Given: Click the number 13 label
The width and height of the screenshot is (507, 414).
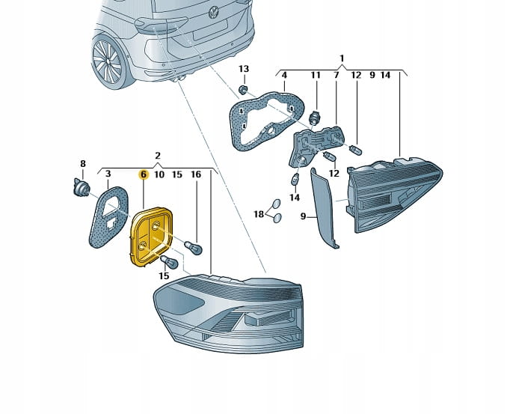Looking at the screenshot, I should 243,69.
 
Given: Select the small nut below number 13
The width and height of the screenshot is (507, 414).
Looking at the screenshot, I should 243,90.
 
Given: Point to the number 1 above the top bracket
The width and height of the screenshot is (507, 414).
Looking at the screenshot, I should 341,58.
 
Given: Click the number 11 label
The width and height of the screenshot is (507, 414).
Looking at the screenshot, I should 316,76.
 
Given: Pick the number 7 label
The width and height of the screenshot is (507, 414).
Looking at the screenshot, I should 337,76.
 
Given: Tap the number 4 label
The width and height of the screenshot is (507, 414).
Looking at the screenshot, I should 284,76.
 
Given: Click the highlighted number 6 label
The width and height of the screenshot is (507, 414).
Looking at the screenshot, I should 143,174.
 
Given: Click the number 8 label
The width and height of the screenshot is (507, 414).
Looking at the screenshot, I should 83,163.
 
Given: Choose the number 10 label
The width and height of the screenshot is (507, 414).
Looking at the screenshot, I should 159,174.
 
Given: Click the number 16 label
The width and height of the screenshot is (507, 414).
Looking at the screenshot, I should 196,174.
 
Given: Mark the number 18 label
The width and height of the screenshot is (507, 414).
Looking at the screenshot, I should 258,214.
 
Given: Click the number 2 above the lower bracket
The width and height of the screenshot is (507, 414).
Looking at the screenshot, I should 158,156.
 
